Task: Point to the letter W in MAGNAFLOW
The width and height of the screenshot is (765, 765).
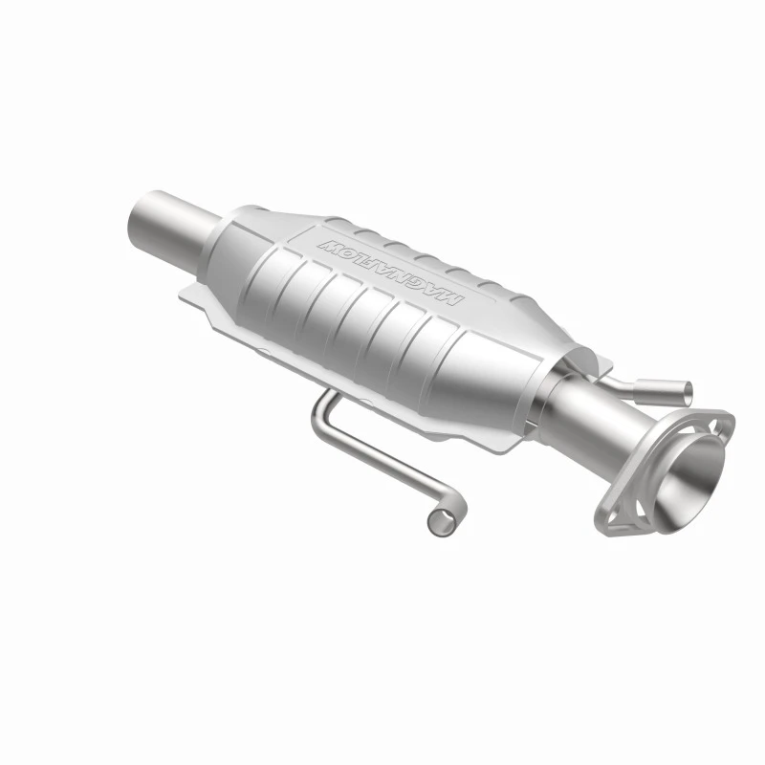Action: pos(327,245)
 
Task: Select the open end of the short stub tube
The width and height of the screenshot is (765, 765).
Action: pos(687,389)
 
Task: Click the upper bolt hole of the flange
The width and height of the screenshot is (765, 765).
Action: pos(716,426)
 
